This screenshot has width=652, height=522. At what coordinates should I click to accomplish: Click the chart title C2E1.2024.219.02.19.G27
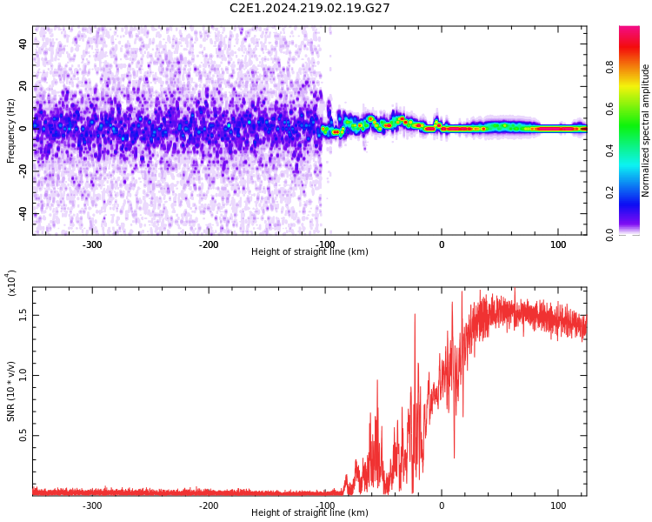pos(309,8)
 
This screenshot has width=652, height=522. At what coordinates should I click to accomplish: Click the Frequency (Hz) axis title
pos(11,130)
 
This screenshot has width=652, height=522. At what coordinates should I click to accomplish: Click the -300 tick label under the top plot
pos(92,244)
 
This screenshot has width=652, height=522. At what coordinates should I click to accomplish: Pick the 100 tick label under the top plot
pos(557,244)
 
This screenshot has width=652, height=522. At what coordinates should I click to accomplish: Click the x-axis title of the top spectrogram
pos(309,252)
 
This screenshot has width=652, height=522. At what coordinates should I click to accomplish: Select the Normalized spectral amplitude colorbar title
pos(646,130)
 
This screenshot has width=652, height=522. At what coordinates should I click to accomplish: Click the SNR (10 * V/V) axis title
pos(11,391)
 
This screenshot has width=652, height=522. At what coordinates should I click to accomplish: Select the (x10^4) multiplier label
pos(12,283)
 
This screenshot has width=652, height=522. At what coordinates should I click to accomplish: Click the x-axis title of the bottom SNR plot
pos(309,513)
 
